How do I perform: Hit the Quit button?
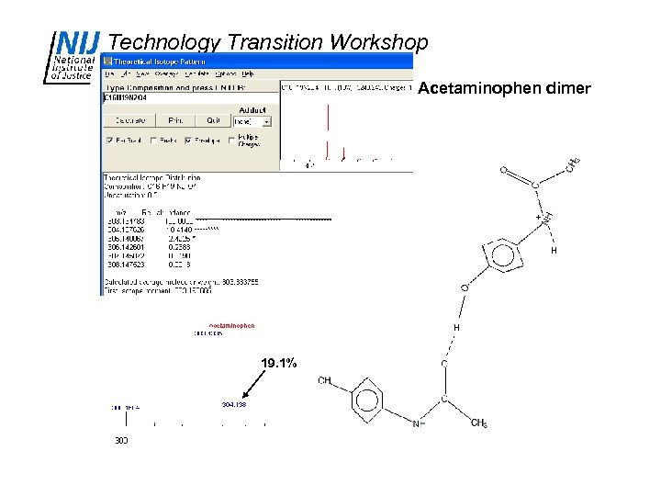[x=213, y=120]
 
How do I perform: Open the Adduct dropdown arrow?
[x=266, y=120]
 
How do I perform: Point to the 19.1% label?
[x=278, y=364]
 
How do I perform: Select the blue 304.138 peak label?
[x=233, y=404]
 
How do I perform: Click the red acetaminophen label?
[x=231, y=325]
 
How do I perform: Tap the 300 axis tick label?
[x=121, y=440]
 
